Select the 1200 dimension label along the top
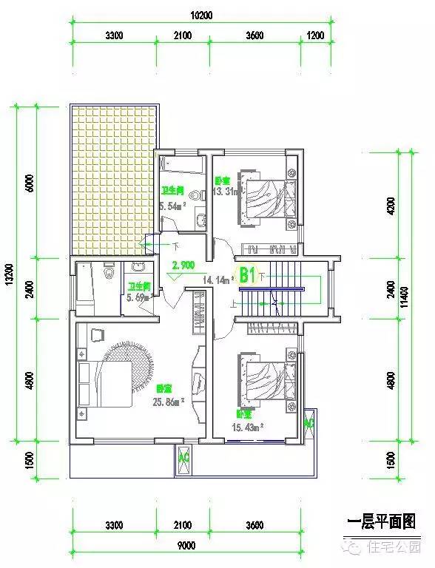pyautogui.click(x=315, y=35)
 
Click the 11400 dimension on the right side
pyautogui.click(x=404, y=297)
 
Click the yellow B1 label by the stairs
pyautogui.click(x=247, y=275)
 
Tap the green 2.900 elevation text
pyautogui.click(x=183, y=265)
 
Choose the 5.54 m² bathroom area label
pyautogui.click(x=171, y=206)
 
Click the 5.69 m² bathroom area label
pyautogui.click(x=139, y=297)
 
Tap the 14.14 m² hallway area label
pyautogui.click(x=218, y=280)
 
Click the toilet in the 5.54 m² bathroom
pyautogui.click(x=195, y=196)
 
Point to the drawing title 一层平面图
pyautogui.click(x=380, y=522)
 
